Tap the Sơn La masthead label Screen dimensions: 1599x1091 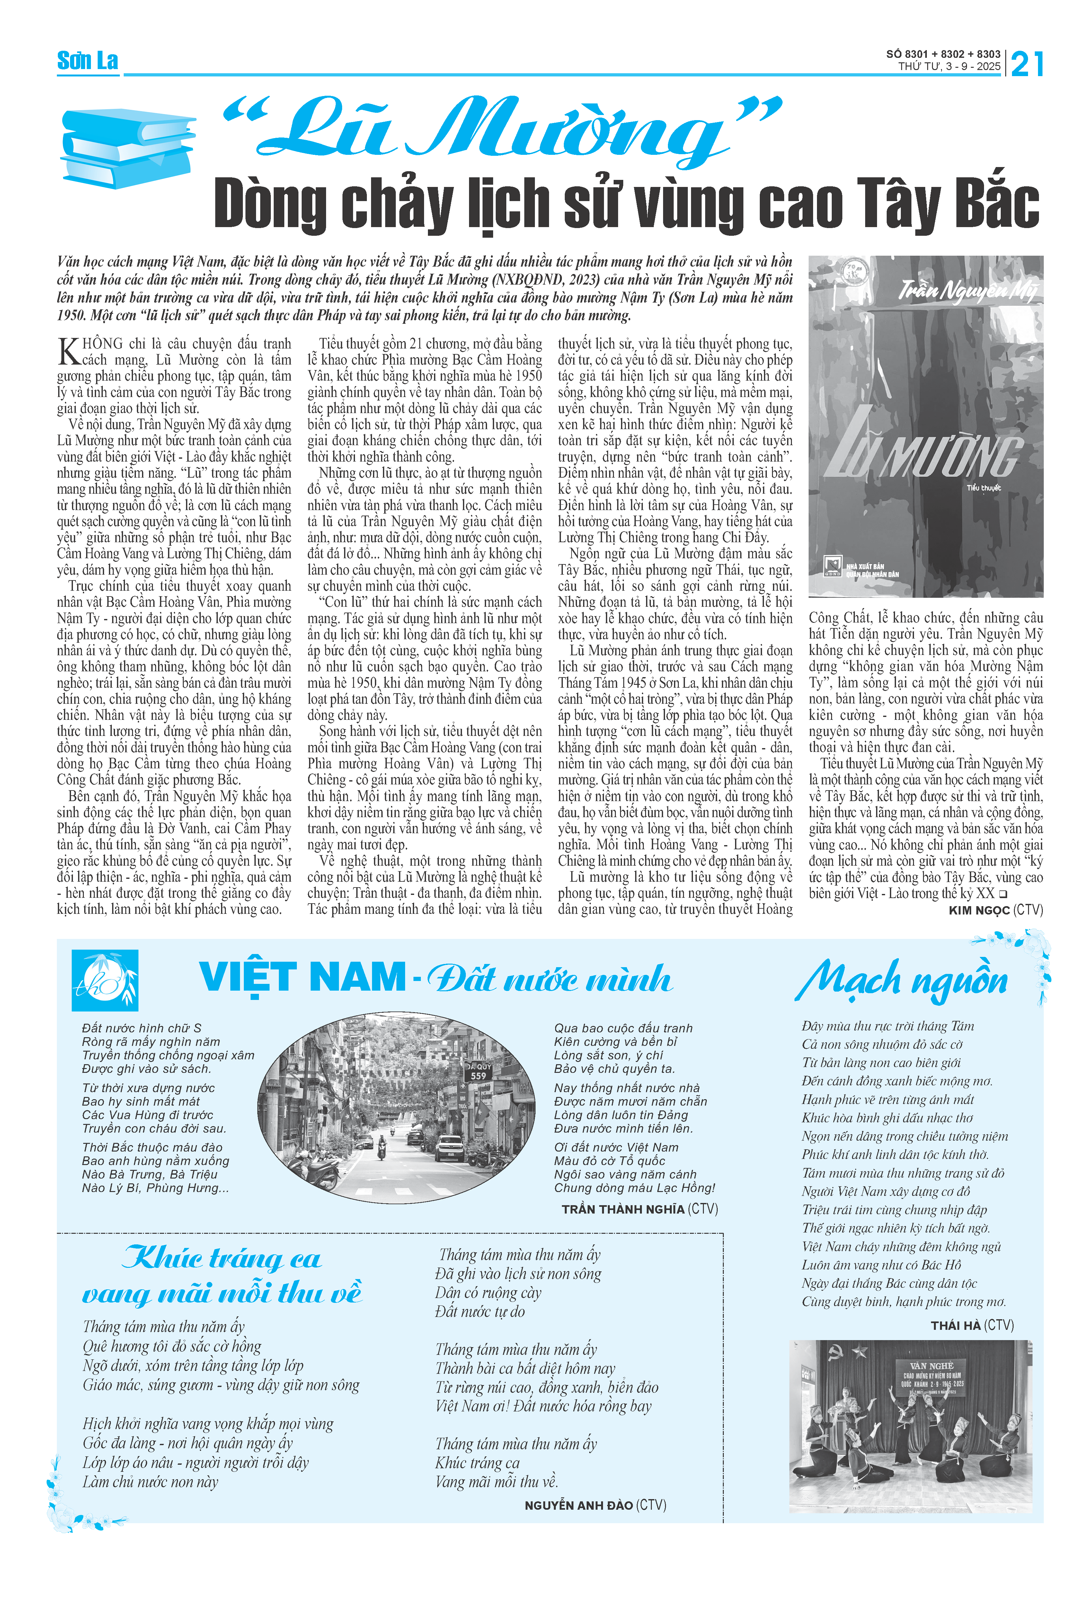[87, 61]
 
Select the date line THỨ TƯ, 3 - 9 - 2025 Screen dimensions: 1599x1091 [948, 67]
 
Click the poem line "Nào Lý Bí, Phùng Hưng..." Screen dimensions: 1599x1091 [155, 1188]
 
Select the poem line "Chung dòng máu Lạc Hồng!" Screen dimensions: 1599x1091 [634, 1188]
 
